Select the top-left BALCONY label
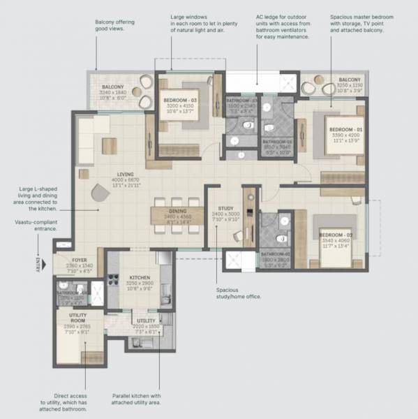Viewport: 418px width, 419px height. (111, 87)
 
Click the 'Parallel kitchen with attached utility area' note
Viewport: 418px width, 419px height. (136, 399)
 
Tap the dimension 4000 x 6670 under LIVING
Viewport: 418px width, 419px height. (126, 182)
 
